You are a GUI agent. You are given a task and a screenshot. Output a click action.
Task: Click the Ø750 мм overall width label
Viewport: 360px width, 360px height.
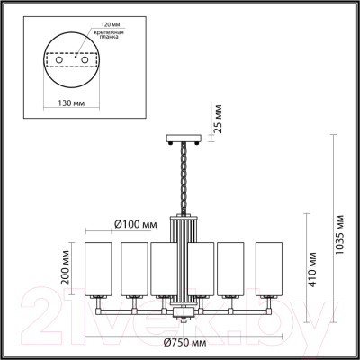click(187, 343)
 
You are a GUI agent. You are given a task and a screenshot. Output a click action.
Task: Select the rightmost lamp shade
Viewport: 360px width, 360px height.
click(269, 268)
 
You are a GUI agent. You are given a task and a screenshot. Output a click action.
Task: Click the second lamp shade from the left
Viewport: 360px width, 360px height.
click(135, 268)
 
